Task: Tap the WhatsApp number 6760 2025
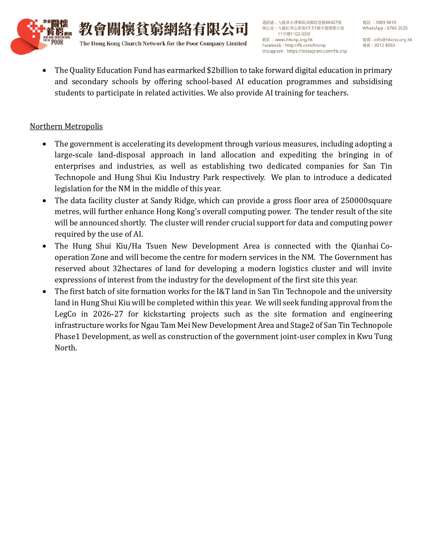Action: (397, 28)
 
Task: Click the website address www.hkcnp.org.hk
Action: (294, 39)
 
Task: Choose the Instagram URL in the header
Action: (317, 51)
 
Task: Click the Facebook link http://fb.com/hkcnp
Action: (305, 45)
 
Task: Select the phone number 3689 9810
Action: (386, 23)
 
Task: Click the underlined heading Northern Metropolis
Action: (66, 126)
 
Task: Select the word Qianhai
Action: (365, 246)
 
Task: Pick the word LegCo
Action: (65, 314)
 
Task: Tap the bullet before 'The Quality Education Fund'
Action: (44, 71)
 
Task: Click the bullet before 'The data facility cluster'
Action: (44, 201)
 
